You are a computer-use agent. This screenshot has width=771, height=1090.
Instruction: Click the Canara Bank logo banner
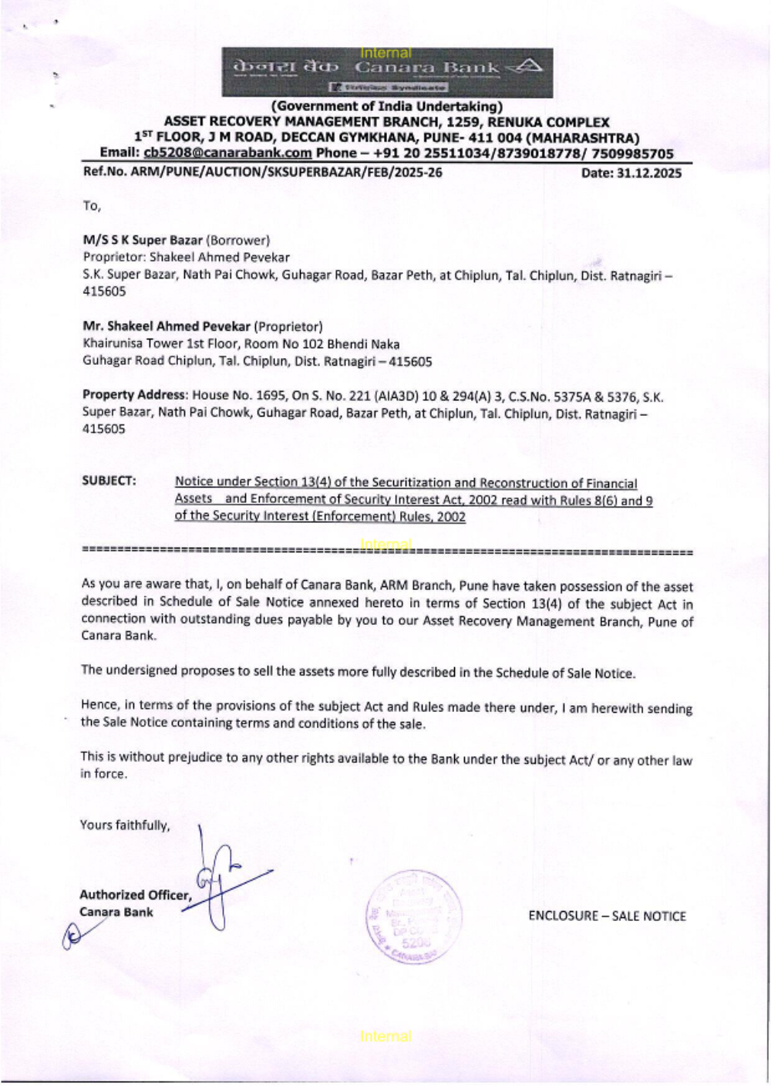387,73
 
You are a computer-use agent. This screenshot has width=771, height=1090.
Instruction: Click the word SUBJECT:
109,481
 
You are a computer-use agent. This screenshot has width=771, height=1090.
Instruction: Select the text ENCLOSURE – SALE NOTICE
607,916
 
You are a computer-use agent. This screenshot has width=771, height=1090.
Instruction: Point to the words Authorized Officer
134,895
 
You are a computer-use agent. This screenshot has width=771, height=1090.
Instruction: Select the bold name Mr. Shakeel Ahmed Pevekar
167,326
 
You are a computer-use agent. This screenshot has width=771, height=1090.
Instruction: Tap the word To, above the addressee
92,206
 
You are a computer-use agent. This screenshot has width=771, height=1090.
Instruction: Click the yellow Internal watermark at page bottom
385,1036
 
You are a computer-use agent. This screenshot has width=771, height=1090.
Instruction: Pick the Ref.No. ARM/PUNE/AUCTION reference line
262,173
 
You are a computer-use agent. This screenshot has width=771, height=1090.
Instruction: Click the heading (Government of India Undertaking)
386,106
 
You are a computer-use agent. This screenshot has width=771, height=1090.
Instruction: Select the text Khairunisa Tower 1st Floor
153,344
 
